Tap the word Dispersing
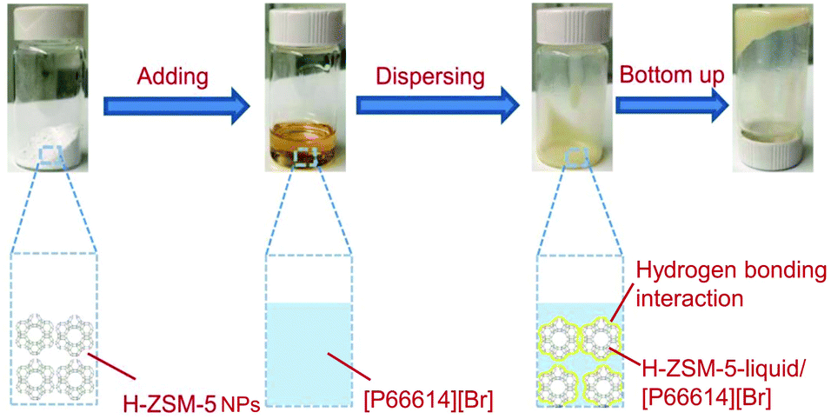430,76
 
